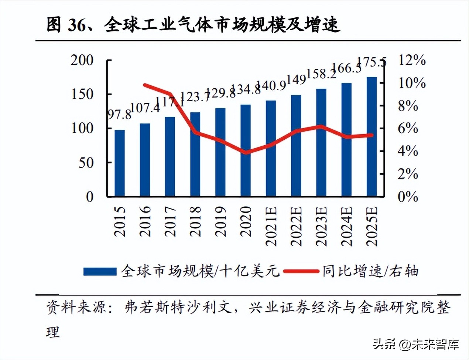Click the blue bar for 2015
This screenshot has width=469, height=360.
[120, 163]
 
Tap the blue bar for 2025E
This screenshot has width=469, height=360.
[372, 136]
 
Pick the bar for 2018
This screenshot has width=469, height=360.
[195, 154]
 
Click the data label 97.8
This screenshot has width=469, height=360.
[119, 115]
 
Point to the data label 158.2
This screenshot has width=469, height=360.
[321, 74]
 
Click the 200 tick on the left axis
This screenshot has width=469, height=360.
[82, 60]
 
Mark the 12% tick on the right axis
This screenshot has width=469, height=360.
[412, 60]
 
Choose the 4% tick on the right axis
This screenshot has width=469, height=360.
[408, 151]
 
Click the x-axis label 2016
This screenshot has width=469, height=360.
[145, 221]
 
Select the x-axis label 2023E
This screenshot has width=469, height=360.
[321, 226]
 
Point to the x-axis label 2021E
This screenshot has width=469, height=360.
[271, 226]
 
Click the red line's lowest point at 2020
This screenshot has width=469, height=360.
[246, 152]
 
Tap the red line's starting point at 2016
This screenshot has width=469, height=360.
[145, 85]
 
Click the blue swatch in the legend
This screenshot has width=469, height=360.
[100, 272]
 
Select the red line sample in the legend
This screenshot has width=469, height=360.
[301, 272]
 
